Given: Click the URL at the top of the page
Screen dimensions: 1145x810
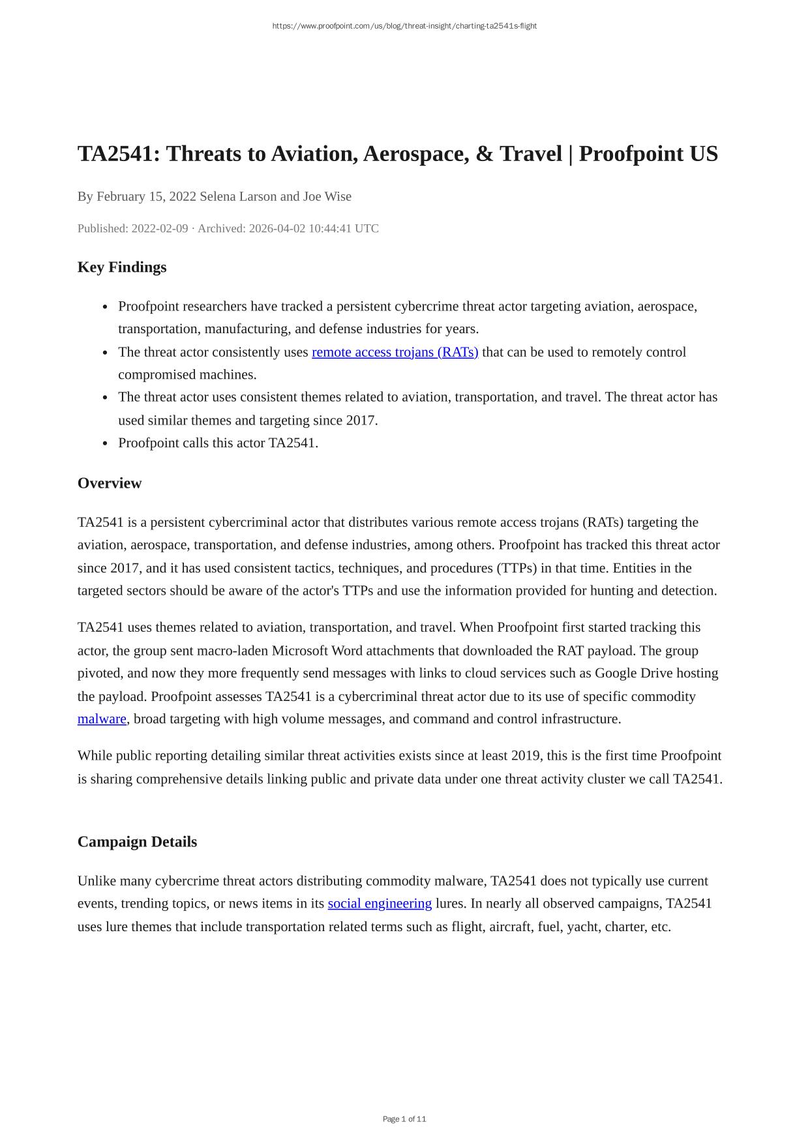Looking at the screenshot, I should (x=404, y=26).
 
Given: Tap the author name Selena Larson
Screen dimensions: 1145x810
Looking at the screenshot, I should (x=238, y=196).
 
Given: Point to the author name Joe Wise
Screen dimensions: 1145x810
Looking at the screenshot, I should (x=327, y=196).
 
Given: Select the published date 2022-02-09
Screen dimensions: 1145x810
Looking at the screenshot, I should (x=160, y=228).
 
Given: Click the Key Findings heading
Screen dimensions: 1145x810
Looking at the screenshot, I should (x=122, y=267).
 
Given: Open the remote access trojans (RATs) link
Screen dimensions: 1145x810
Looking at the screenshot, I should (x=395, y=352).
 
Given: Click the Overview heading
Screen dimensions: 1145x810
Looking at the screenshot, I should (x=110, y=483).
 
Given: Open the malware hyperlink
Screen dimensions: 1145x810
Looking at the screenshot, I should (x=102, y=719).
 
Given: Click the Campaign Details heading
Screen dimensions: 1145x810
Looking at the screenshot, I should (x=137, y=842).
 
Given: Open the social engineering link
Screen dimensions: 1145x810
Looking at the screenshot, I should (x=380, y=904).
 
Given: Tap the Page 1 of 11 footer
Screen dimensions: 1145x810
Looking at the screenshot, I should (x=404, y=1119).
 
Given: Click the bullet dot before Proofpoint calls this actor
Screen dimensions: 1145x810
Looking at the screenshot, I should (x=106, y=443).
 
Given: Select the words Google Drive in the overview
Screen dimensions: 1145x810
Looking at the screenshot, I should (x=633, y=674).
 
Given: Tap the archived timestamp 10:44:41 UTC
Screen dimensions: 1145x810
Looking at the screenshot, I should (x=344, y=228).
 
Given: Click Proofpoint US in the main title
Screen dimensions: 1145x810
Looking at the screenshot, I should (x=648, y=154).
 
